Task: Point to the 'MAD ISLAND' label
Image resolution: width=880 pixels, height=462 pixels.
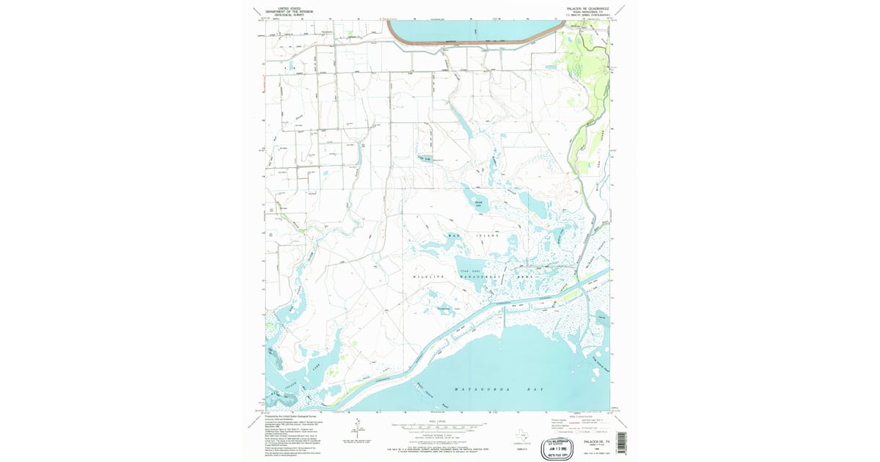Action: click(480, 235)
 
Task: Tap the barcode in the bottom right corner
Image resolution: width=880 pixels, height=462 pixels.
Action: click(623, 441)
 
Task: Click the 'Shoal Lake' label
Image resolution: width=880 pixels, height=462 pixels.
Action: click(479, 200)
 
